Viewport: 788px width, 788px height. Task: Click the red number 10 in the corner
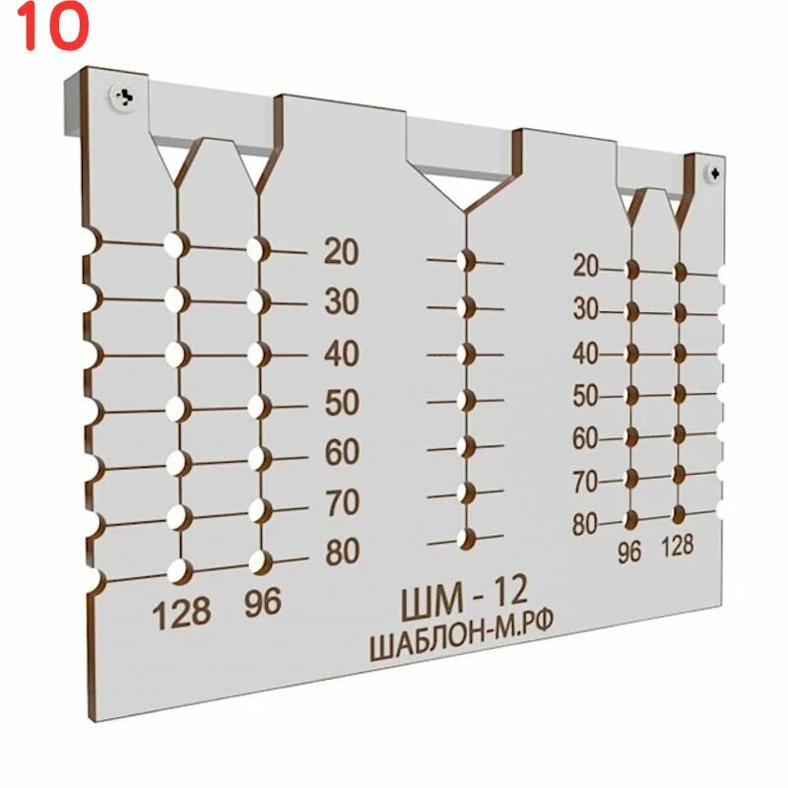52,29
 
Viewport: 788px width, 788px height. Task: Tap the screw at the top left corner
124,96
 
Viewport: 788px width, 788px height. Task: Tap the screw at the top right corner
713,171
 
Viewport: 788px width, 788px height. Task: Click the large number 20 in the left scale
341,253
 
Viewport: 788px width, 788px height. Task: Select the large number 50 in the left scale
341,403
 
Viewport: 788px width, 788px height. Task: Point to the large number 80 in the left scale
342,552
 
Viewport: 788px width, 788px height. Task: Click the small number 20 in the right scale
586,265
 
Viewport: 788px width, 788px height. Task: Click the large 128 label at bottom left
181,614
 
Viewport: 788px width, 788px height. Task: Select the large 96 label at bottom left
262,604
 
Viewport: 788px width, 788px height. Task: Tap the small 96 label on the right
628,553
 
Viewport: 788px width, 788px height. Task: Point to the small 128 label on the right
678,545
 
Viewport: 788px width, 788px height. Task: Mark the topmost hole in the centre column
467,261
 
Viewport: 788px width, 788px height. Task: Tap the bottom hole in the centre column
466,538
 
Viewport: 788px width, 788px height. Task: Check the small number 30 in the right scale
586,309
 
